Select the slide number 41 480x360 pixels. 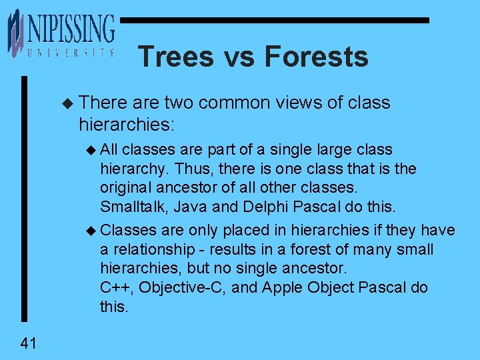(29, 343)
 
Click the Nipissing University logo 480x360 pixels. (61, 33)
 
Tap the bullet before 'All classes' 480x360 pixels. (92, 150)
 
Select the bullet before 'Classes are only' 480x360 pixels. (92, 231)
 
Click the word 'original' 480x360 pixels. (126, 188)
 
